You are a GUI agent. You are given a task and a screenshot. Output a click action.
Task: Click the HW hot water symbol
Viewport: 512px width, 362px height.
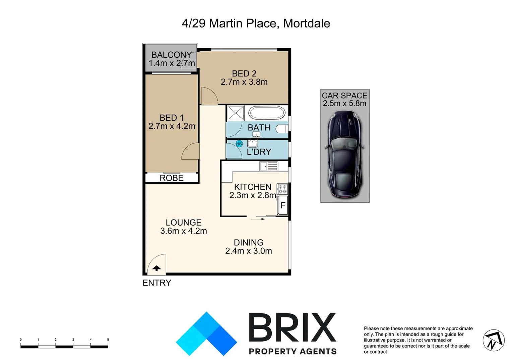(239, 144)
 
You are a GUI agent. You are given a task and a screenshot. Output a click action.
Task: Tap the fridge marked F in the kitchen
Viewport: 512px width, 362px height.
(282, 205)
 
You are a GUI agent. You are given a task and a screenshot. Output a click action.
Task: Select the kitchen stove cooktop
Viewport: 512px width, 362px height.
(282, 189)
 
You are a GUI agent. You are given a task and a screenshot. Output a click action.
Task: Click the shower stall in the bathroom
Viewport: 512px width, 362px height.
(236, 113)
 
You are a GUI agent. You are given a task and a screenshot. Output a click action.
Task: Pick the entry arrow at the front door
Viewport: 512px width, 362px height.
(156, 268)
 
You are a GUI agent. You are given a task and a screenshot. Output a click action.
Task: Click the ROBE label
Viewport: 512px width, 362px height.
(172, 178)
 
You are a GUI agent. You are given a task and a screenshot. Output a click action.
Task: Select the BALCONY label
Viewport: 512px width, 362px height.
(171, 55)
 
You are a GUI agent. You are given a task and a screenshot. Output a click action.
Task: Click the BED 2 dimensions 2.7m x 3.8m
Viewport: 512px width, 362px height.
(244, 82)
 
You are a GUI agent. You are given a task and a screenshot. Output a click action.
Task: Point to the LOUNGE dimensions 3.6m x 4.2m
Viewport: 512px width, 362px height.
(184, 231)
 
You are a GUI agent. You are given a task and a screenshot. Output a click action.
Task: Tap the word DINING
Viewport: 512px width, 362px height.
(249, 242)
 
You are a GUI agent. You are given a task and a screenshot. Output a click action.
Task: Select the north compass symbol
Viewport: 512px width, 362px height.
(493, 341)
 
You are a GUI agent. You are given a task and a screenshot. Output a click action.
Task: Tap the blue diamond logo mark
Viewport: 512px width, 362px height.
(206, 334)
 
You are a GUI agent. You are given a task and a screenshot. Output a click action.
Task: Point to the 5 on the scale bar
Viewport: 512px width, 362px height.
(108, 340)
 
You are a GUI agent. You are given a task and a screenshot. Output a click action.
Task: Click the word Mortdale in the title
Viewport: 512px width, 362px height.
(307, 23)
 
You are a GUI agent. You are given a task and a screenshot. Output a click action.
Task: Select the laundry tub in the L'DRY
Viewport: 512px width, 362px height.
(252, 143)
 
